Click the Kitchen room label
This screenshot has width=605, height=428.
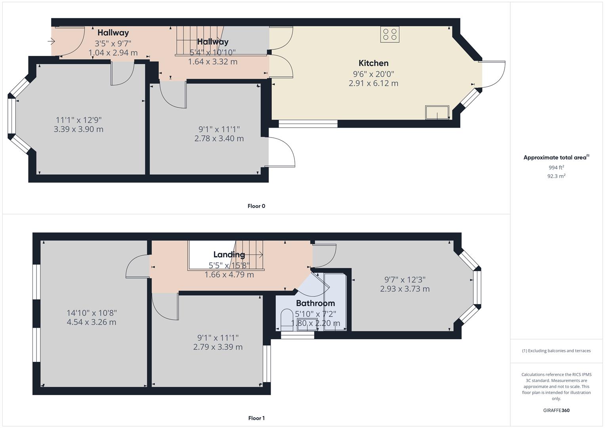pyautogui.click(x=373, y=63)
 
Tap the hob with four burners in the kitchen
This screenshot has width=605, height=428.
pyautogui.click(x=389, y=34)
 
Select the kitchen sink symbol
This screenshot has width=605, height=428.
pyautogui.click(x=437, y=112)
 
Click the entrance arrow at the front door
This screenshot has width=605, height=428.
pyautogui.click(x=52, y=41)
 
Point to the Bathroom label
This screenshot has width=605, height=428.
pyautogui.click(x=315, y=303)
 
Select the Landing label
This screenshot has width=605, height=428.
pyautogui.click(x=229, y=254)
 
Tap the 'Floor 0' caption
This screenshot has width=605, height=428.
pyautogui.click(x=256, y=206)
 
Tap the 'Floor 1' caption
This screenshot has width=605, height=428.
pyautogui.click(x=256, y=418)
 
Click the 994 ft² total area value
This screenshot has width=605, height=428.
pyautogui.click(x=556, y=168)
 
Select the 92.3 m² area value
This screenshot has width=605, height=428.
pyautogui.click(x=556, y=176)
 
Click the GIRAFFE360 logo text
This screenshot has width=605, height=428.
pyautogui.click(x=556, y=410)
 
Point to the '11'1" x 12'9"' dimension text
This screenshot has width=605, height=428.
pyautogui.click(x=78, y=120)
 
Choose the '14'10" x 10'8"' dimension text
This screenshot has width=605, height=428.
pyautogui.click(x=92, y=313)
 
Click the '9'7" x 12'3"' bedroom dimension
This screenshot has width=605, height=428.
pyautogui.click(x=405, y=280)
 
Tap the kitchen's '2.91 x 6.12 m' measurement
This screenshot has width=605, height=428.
pyautogui.click(x=373, y=83)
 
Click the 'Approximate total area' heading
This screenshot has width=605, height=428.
pyautogui.click(x=555, y=157)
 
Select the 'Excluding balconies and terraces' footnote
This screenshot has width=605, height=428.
pyautogui.click(x=556, y=351)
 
